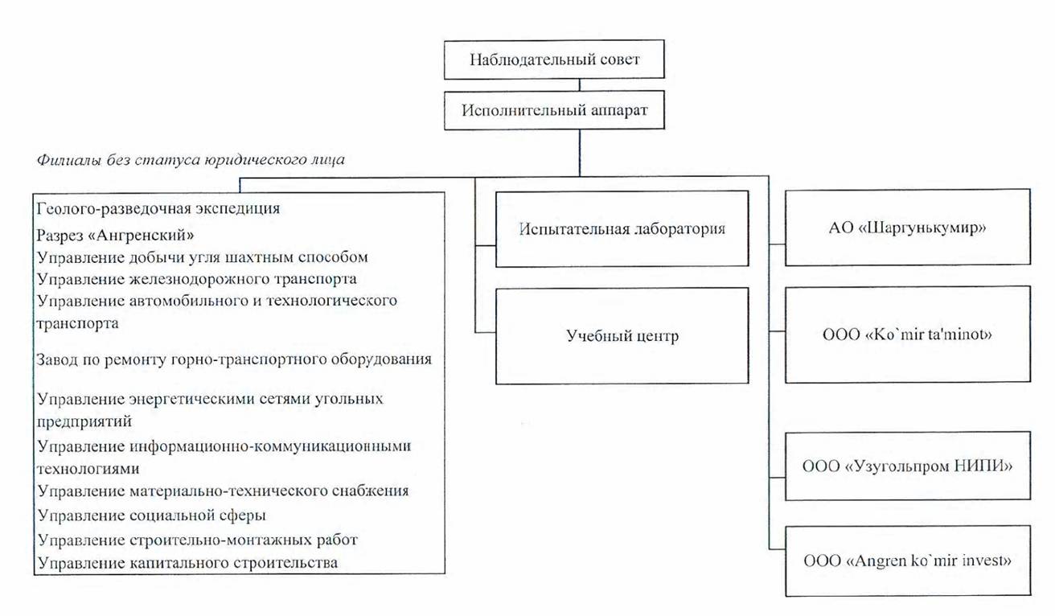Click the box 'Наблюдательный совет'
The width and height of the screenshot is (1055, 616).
coord(554,60)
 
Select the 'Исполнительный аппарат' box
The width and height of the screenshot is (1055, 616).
coord(554,110)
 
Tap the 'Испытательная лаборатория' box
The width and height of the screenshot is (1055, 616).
coord(622,229)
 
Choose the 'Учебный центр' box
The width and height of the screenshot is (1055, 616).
coord(622,336)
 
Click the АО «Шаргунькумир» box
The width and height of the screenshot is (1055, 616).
coord(908,228)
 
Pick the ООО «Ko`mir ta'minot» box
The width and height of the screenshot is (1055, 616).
coord(908,335)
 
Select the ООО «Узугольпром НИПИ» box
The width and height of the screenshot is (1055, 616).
coord(908,466)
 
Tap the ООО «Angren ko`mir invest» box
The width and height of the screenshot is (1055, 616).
coord(908,561)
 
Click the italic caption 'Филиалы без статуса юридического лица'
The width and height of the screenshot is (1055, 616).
coord(191,160)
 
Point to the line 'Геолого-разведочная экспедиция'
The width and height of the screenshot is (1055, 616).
coord(158,208)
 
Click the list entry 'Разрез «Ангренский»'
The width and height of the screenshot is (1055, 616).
coord(116,235)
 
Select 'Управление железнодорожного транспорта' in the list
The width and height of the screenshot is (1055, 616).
coord(197,279)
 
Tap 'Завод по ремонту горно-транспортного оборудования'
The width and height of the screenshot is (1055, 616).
coord(234,359)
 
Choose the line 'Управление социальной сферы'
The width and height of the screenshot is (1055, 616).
coord(152,515)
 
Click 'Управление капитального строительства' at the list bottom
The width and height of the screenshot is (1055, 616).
coord(188,563)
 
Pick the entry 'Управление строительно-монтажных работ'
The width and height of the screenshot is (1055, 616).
coord(198,540)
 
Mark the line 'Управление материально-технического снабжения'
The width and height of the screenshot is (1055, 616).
coord(224,491)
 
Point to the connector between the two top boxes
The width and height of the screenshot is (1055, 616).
coord(579,84)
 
